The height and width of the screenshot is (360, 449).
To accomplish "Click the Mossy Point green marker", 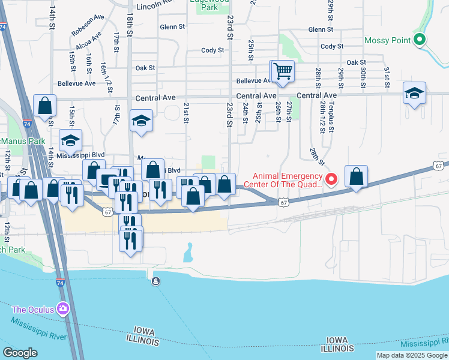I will (x=420, y=40).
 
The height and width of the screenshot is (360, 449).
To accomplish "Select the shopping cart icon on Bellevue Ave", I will (x=282, y=71).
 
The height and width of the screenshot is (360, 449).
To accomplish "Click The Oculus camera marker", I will (x=62, y=310).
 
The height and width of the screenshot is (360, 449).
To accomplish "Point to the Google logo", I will (x=20, y=353).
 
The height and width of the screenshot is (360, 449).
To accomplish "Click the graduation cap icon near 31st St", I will (x=414, y=94).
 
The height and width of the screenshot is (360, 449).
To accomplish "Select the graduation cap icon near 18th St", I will (x=141, y=121).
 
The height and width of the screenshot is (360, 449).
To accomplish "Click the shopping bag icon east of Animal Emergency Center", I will (x=356, y=177).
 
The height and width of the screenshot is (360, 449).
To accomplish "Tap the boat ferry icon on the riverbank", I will (x=156, y=281).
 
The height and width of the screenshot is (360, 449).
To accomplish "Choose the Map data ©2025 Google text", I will (x=411, y=355).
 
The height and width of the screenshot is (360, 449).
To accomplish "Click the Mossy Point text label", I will (x=388, y=40).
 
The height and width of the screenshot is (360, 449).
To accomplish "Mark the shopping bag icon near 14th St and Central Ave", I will (x=44, y=106).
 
